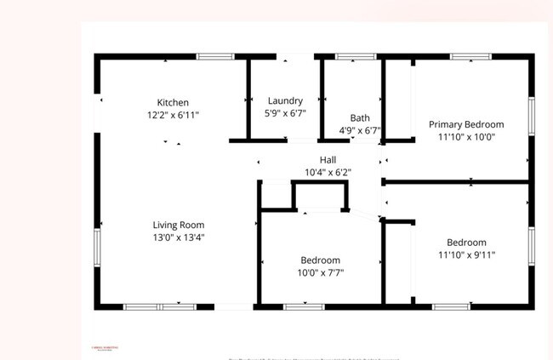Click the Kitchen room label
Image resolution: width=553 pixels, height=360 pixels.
point(173,103)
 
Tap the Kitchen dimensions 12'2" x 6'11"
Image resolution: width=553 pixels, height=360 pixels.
point(173,114)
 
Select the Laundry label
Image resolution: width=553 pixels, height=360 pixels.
point(285,100)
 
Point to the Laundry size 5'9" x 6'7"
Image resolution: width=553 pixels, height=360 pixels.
point(285,111)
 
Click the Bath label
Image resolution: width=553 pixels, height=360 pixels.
point(360,118)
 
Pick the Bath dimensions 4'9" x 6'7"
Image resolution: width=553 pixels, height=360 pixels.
point(360,131)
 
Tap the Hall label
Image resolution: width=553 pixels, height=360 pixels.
point(328,160)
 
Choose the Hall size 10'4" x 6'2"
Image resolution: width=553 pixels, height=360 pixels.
point(328,172)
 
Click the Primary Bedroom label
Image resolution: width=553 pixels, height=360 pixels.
point(466,124)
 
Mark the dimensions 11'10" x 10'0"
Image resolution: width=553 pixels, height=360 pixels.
point(466,136)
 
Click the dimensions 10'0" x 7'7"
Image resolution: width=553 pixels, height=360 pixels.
point(320,272)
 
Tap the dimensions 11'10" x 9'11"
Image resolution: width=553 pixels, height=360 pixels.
point(466,254)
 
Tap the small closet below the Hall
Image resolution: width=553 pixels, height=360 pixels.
point(277,195)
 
